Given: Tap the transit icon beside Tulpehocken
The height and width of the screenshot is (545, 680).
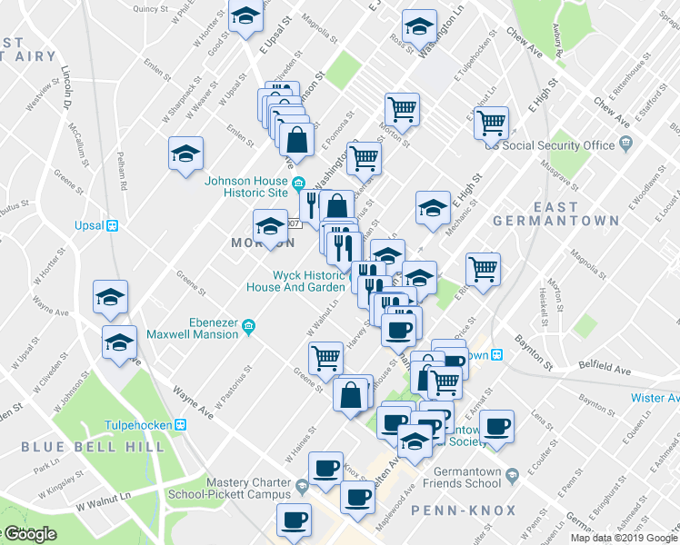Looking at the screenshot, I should pyautogui.click(x=181, y=423).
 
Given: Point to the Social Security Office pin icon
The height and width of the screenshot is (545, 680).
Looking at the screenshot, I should pyautogui.click(x=625, y=144).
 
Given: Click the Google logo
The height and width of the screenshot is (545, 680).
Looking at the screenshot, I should pyautogui.click(x=29, y=534).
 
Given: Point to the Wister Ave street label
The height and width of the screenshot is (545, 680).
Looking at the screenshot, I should pyautogui.click(x=655, y=398).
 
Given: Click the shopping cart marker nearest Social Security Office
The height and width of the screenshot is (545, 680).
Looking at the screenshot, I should pyautogui.click(x=491, y=122).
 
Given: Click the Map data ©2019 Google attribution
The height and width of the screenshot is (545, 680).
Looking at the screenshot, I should pyautogui.click(x=623, y=537).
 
